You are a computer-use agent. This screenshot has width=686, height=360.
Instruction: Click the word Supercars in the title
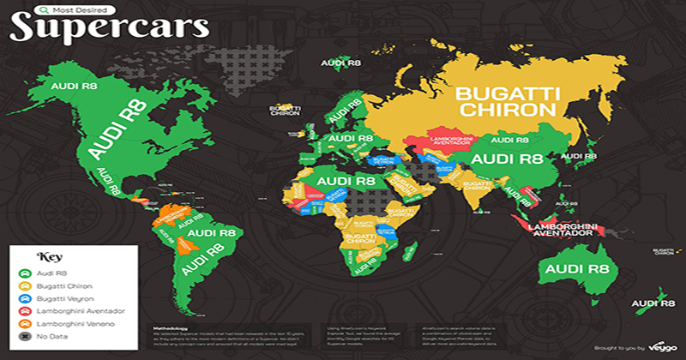point(110,27)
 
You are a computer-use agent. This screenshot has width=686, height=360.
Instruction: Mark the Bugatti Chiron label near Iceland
point(284,110)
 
